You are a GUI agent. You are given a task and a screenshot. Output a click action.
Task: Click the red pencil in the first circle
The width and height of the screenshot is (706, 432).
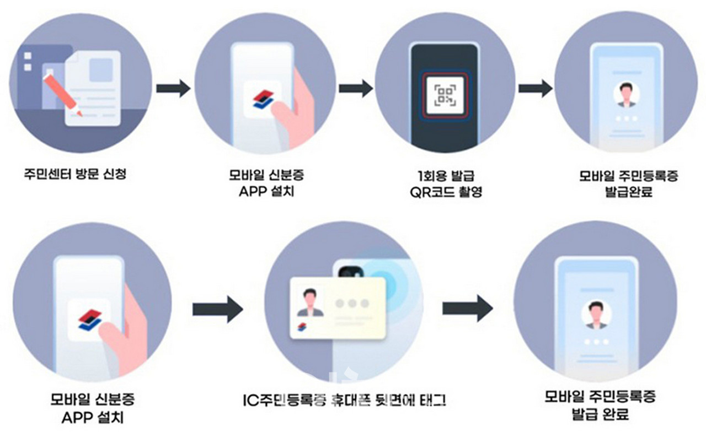(x=59, y=94)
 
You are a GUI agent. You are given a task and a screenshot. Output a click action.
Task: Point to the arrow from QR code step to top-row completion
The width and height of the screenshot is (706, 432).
(x=535, y=88)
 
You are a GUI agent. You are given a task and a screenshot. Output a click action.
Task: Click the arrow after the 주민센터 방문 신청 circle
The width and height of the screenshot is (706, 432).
(x=173, y=88)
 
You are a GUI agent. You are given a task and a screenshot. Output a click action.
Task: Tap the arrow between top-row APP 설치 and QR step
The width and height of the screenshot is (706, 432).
(x=355, y=88)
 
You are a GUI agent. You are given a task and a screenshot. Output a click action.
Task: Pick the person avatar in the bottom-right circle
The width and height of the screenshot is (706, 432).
(x=595, y=315)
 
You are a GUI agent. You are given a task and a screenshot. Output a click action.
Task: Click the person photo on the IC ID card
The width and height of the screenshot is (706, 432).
(x=310, y=303)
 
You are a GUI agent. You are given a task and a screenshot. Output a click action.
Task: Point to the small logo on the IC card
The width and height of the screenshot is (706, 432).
(x=302, y=328)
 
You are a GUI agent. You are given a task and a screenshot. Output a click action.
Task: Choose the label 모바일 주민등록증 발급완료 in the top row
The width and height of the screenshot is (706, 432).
(x=628, y=184)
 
